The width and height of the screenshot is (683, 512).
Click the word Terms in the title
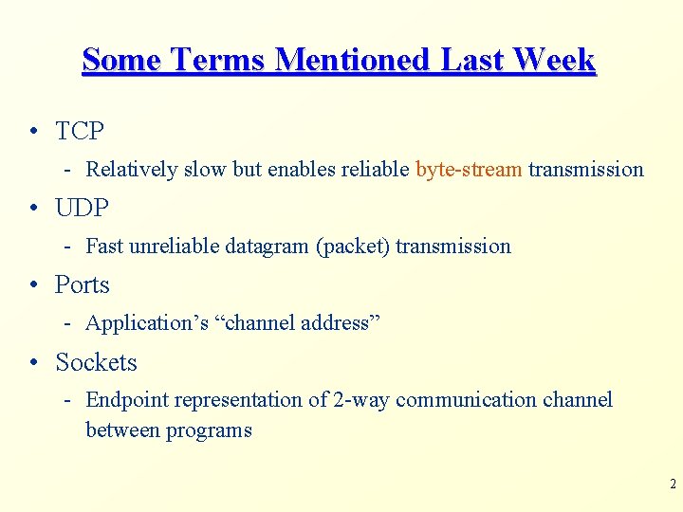[x=218, y=60]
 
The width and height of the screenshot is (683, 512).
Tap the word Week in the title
[x=554, y=60]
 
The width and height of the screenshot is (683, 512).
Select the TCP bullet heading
[x=80, y=131]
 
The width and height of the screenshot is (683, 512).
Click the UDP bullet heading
[x=82, y=208]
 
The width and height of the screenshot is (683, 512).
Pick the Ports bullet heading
[x=83, y=284]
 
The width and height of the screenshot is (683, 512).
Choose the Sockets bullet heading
[x=96, y=362]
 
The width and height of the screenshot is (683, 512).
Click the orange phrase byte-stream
[x=469, y=170]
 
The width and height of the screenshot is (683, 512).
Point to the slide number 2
[x=673, y=485]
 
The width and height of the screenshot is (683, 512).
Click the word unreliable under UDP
[x=175, y=247]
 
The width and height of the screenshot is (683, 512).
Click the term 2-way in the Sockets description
[x=361, y=400]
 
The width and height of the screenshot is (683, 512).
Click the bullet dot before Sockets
[x=33, y=363]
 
